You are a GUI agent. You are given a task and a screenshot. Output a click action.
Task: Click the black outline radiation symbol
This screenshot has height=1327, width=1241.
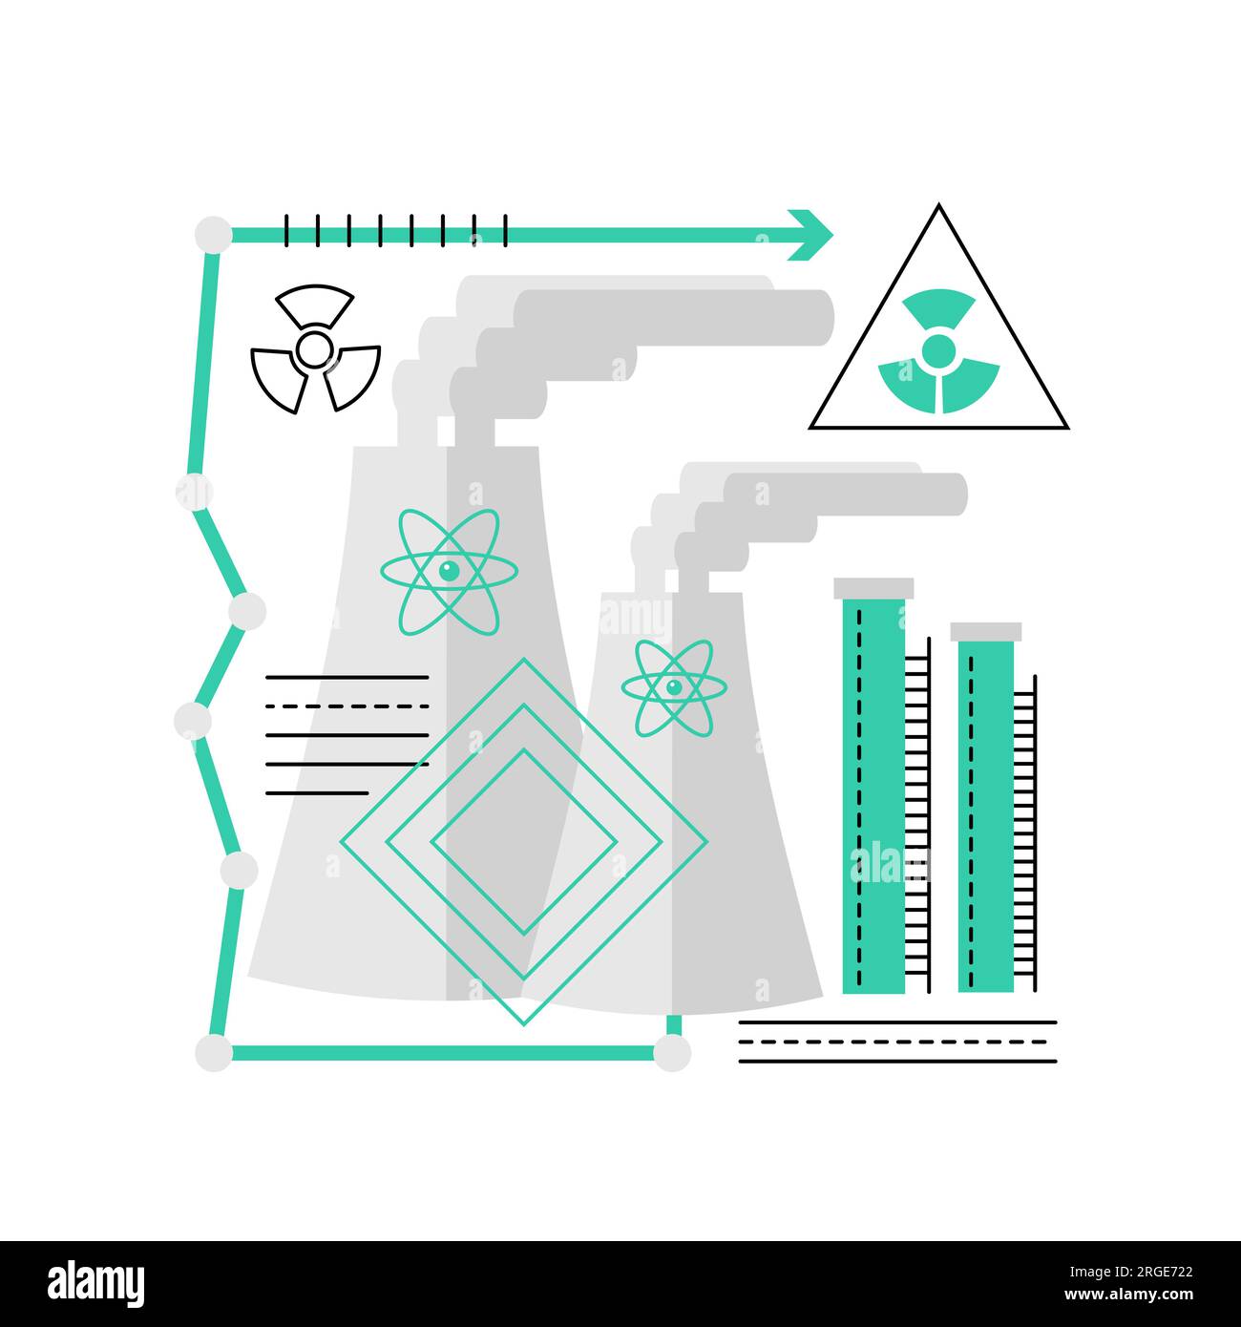[x=314, y=349]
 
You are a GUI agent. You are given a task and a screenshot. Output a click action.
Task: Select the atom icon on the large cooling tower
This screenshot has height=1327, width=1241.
[x=449, y=572]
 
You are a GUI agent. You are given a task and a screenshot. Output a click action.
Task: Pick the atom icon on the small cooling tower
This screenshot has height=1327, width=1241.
[x=674, y=687]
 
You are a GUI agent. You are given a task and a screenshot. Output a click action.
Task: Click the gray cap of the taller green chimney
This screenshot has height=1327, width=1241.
[x=873, y=588]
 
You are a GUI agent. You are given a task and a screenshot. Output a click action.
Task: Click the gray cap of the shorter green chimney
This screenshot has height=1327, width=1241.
[x=986, y=632]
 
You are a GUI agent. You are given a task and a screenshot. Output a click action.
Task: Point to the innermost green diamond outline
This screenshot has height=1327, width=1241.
[x=523, y=841]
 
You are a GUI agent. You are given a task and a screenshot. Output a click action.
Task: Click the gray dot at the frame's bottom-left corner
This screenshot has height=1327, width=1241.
[x=213, y=1052]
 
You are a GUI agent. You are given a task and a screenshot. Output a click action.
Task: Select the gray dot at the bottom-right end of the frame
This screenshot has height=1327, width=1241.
[x=672, y=1052]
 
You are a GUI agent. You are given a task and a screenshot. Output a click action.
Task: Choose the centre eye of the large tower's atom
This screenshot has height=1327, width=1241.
[x=449, y=572]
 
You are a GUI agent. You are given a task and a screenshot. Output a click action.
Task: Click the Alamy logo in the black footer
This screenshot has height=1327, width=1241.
[x=96, y=1283]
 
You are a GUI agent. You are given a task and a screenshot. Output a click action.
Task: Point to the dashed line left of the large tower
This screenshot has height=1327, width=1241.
[x=347, y=706]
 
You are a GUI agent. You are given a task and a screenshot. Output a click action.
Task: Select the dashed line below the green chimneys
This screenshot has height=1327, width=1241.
[x=897, y=1042]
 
